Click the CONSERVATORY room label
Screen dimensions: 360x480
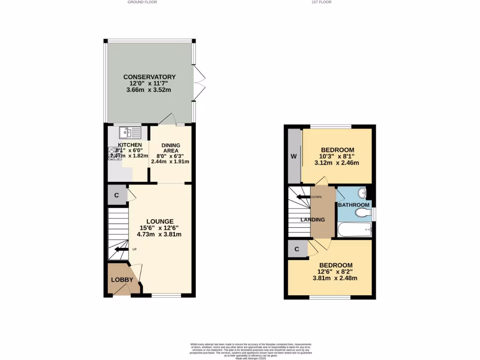click(x=149, y=77)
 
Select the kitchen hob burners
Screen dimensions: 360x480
click(x=114, y=153)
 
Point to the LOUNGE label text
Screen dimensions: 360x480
click(x=160, y=221)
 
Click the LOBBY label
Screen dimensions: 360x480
click(x=122, y=280)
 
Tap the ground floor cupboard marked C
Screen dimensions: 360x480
click(x=117, y=195)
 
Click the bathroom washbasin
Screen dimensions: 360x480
click(x=361, y=193)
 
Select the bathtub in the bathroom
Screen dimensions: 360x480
click(x=354, y=230)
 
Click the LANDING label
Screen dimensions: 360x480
click(x=313, y=219)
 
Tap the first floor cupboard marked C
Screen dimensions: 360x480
click(x=297, y=249)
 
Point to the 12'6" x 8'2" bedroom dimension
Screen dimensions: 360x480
click(x=335, y=271)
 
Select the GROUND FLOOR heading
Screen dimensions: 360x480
click(x=142, y=2)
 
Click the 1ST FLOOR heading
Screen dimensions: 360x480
click(x=322, y=2)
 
